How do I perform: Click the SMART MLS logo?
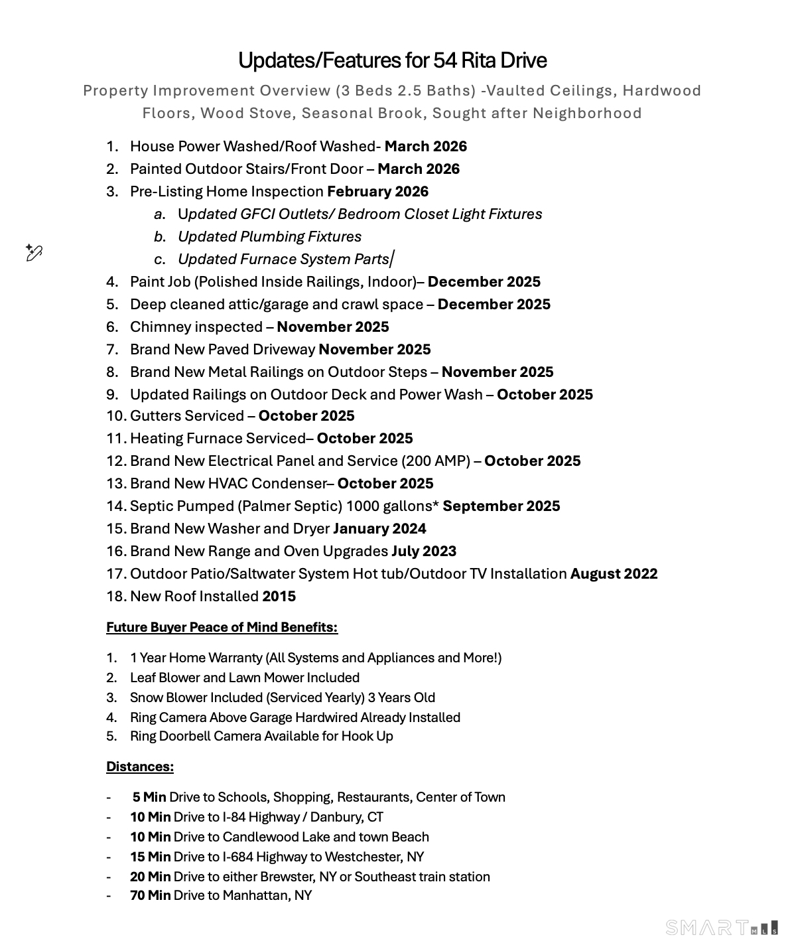(722, 927)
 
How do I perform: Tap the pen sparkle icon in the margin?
(34, 252)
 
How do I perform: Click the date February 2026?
(377, 192)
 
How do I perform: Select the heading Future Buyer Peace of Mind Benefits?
(222, 627)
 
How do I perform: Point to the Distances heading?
(139, 767)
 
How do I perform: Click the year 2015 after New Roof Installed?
(279, 597)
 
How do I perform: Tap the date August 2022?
(614, 574)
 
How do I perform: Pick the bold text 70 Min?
(150, 895)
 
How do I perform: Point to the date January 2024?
(379, 529)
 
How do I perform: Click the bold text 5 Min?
(149, 797)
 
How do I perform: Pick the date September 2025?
(501, 506)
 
